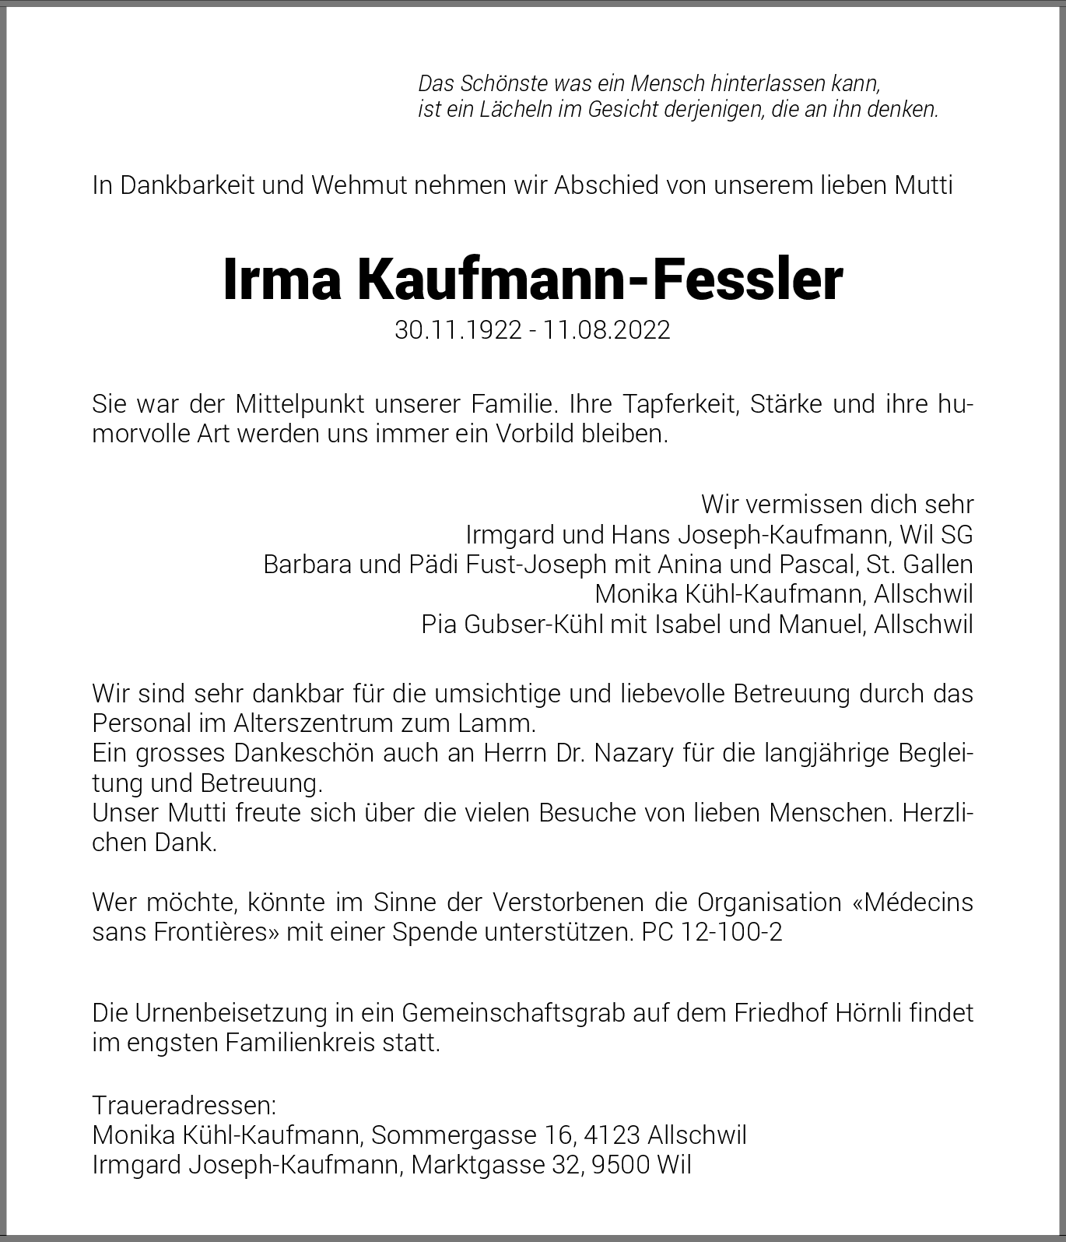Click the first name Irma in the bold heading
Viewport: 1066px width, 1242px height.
(x=282, y=280)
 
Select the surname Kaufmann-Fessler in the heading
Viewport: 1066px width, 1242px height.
(x=600, y=280)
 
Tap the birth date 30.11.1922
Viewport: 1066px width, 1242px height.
(x=458, y=330)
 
